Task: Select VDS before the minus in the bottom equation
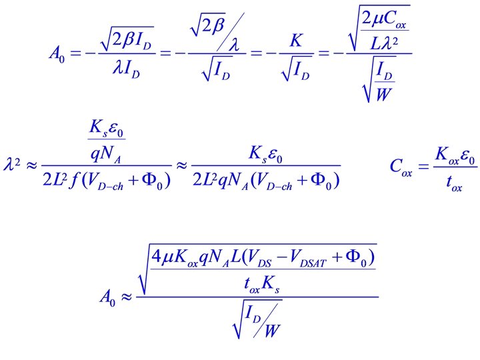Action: [275, 257]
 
